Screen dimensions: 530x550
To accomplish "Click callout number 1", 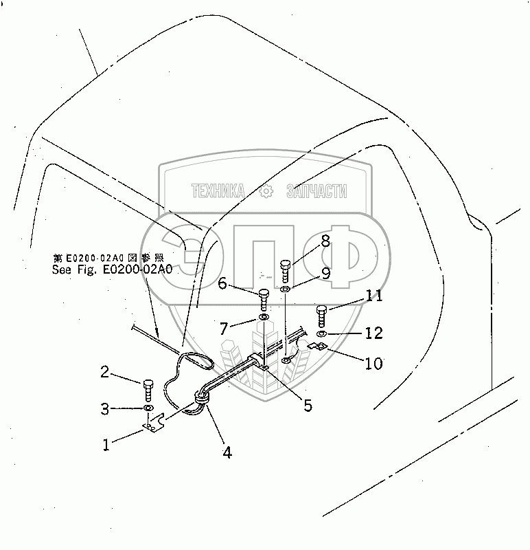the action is [106, 445].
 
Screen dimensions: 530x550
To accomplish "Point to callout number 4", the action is [226, 452].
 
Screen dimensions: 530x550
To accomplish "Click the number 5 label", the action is [308, 405].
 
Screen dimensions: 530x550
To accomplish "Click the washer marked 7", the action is [264, 318].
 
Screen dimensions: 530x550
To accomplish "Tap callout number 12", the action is [373, 333].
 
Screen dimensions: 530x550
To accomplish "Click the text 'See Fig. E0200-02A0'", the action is [112, 269].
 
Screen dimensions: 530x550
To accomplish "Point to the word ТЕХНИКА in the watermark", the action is [218, 192].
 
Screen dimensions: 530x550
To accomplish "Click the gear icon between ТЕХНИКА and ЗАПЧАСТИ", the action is [266, 192].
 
